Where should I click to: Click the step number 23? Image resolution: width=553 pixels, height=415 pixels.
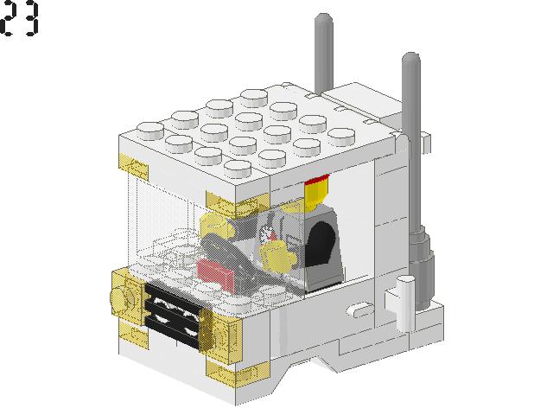[x=20, y=19]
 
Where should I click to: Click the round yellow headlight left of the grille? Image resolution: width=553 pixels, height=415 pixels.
[x=121, y=297]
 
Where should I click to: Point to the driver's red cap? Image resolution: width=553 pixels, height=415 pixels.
[x=316, y=184]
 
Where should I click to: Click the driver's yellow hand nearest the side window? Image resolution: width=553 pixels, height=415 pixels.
[x=278, y=254]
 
